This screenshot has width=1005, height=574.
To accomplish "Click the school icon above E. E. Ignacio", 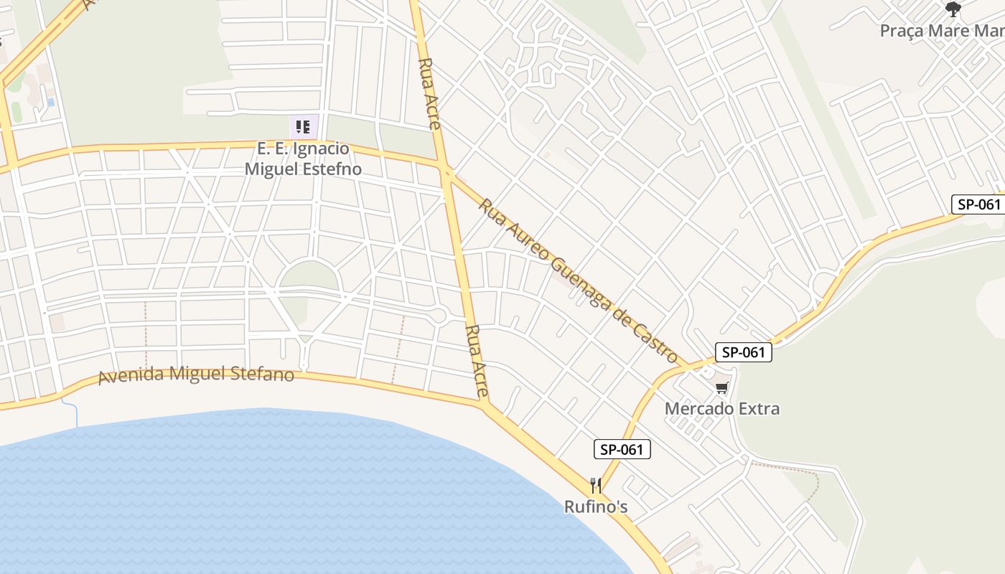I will click(303, 127).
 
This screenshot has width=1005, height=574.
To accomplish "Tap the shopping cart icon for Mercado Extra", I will click(721, 388).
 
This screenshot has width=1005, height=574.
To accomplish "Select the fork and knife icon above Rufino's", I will click(595, 486).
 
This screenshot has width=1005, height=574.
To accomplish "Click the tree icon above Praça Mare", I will click(953, 9).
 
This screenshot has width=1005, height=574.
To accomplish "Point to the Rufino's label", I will click(596, 507).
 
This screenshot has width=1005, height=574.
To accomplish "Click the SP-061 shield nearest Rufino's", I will click(622, 450).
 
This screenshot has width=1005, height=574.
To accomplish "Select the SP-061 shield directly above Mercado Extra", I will click(743, 352).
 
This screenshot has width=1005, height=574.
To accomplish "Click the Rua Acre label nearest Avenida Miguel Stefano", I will click(477, 362).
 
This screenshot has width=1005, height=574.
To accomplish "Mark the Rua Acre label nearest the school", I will click(429, 93).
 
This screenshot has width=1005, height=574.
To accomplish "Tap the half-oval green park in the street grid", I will click(308, 276).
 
